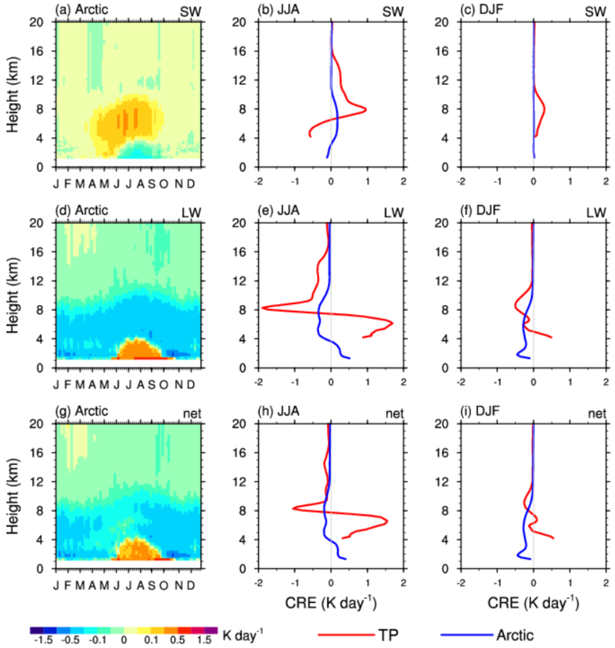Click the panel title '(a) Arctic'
click(x=81, y=9)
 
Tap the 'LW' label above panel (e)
click(x=393, y=213)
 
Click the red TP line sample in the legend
click(x=346, y=635)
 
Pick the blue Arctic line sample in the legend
click(x=467, y=635)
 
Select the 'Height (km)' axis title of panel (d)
click(x=13, y=295)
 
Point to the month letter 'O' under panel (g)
click(x=163, y=584)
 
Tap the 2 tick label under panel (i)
click(x=606, y=583)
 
